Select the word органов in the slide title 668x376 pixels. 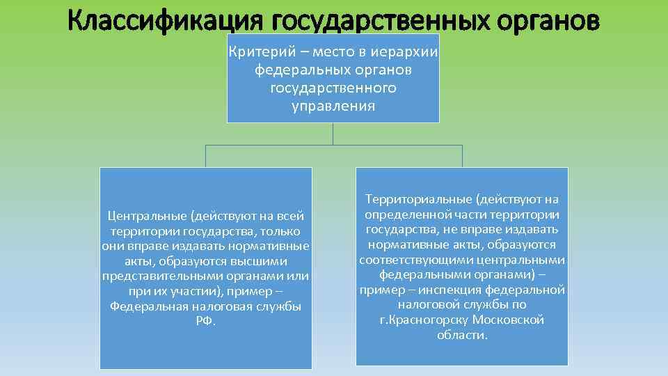(547, 21)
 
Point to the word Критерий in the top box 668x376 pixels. (255, 54)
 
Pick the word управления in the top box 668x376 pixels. (333, 107)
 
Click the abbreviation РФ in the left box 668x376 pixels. (206, 322)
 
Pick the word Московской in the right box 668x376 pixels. (508, 320)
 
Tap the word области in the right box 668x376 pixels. (461, 336)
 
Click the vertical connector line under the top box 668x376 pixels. (333, 134)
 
